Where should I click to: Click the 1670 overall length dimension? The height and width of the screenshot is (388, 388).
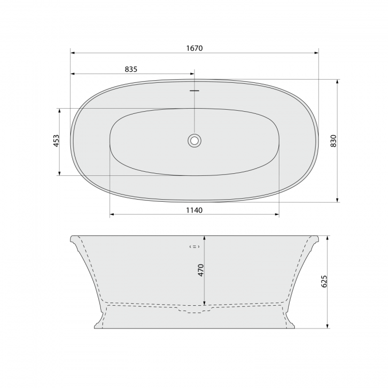tap(194, 48)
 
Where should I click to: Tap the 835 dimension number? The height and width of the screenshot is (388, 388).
tap(131, 69)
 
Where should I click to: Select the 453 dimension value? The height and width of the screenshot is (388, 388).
tap(56, 141)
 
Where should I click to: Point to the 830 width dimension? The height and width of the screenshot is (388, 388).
tap(334, 141)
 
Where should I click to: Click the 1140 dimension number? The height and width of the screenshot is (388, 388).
tap(194, 210)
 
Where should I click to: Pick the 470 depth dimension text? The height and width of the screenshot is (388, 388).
tap(200, 270)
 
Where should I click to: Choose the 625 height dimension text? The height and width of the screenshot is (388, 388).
tap(324, 281)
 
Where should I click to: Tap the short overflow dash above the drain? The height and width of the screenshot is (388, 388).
tap(195, 91)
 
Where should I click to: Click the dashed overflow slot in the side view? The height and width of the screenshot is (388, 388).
tap(195, 246)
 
